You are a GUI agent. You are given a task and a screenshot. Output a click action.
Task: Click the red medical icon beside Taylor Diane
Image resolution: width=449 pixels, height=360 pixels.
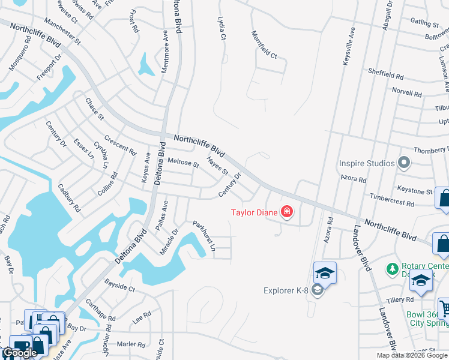[287, 212]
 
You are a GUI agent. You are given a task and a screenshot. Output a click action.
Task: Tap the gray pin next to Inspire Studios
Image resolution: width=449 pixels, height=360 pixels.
[404, 163]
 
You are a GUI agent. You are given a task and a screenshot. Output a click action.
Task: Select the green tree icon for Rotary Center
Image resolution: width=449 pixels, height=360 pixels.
[393, 268]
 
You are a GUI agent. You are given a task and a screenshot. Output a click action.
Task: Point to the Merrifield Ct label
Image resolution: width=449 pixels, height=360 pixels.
[264, 45]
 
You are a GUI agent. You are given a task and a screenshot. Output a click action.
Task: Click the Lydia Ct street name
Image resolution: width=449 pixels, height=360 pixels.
[221, 28]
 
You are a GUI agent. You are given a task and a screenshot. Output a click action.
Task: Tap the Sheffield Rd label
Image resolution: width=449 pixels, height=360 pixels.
[387, 75]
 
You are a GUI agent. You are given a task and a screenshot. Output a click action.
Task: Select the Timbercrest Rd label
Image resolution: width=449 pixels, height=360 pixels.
[392, 200]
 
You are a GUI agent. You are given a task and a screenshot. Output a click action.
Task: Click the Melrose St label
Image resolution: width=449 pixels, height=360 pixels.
[183, 162]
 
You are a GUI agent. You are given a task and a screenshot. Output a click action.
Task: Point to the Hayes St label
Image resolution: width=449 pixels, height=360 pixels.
[217, 166]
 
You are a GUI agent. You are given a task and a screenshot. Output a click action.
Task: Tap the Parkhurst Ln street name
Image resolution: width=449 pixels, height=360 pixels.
[203, 236]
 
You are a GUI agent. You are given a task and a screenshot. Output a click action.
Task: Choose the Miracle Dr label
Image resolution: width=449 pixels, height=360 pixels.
[169, 241]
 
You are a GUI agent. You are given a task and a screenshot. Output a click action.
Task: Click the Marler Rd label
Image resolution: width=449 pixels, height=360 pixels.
[131, 344]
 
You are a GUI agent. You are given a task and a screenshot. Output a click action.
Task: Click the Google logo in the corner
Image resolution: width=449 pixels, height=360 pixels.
[20, 353]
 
